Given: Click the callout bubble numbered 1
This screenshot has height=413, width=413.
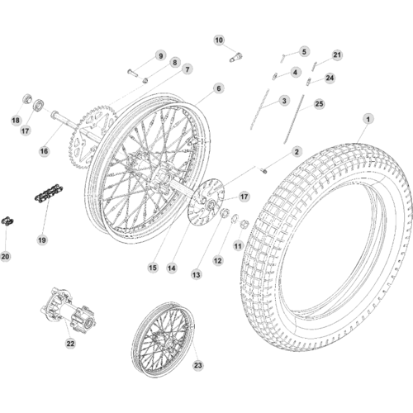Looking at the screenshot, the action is click(368, 119).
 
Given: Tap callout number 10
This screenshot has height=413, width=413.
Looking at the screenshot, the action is click(219, 40).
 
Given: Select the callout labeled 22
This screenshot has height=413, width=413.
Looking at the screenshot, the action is click(70, 344).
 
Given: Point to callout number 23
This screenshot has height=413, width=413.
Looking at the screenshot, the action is click(198, 365).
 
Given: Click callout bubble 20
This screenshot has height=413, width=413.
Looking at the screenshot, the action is click(6, 256).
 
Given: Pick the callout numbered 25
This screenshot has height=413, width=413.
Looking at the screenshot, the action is click(319, 104).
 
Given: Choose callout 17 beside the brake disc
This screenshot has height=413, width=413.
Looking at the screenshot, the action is click(244, 197).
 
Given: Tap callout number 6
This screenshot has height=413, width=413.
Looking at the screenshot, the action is click(219, 88).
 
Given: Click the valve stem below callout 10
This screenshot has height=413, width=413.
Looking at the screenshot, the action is click(236, 57).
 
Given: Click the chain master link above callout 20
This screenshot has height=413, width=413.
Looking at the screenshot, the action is click(7, 221).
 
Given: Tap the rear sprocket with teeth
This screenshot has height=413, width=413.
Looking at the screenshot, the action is click(91, 135).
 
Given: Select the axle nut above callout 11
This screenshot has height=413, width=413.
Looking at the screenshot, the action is click(244, 225).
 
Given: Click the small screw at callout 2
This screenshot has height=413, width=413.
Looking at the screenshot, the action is click(263, 171).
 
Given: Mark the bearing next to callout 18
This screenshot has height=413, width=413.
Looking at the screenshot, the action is click(26, 98).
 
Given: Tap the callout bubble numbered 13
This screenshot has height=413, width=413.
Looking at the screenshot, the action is click(197, 274).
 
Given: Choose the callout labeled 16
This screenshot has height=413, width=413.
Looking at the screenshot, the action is click(44, 151).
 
